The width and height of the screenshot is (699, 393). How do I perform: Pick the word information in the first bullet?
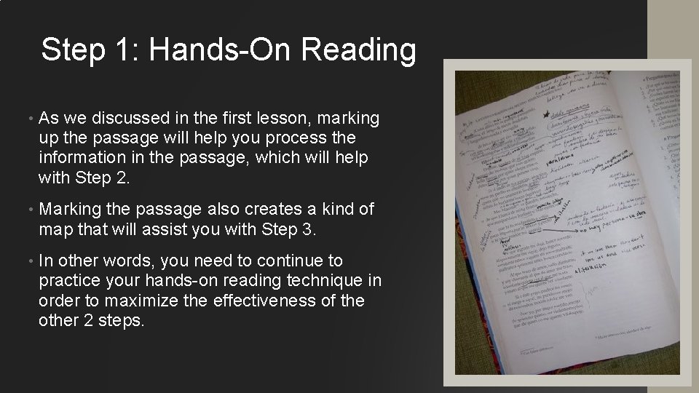point(83,156)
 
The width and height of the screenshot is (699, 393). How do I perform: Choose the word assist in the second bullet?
point(175,229)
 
